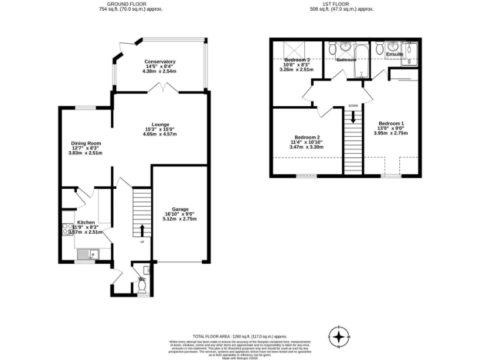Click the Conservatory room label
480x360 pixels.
[159, 61]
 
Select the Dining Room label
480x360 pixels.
[85, 143]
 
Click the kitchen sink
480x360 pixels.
[91, 254]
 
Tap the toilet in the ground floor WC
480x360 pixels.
[142, 285]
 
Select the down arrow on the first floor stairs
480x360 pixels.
[353, 117]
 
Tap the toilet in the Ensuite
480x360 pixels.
[392, 46]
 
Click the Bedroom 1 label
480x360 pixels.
[391, 123]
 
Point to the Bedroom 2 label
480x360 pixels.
[307, 137]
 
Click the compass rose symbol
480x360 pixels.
[339, 337]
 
